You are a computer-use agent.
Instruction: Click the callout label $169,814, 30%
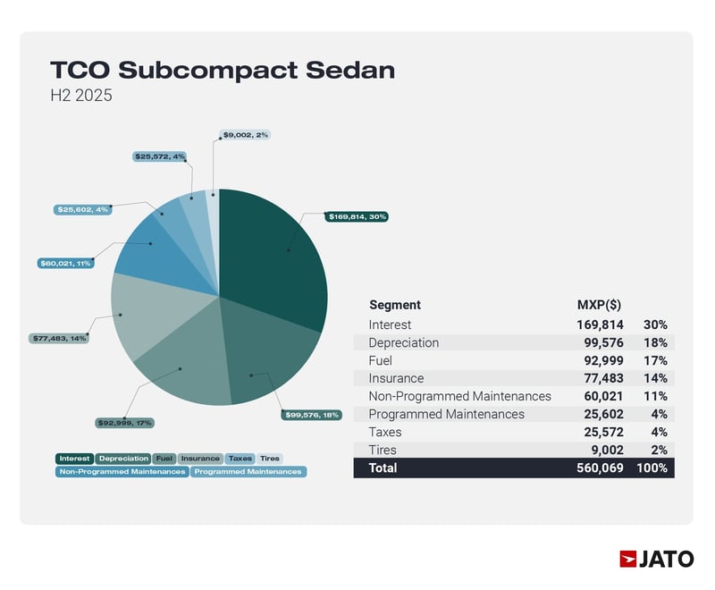tap(357, 216)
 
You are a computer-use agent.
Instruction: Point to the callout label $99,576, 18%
tap(311, 415)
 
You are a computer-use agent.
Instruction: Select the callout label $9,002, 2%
tap(245, 134)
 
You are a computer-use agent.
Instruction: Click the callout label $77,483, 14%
tap(59, 339)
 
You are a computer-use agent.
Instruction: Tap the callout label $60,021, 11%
tap(65, 264)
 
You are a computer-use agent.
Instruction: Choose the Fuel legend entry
tap(164, 459)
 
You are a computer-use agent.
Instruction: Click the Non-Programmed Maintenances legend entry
tap(122, 471)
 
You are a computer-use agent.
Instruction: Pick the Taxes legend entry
tap(240, 459)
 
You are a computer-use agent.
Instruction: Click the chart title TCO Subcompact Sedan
tap(222, 70)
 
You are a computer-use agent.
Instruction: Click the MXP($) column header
tap(601, 305)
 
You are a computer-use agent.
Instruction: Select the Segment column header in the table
tap(394, 305)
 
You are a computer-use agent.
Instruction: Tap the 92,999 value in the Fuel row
tap(602, 360)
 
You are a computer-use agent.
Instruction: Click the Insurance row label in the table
tap(396, 378)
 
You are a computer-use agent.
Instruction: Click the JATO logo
tap(656, 559)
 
